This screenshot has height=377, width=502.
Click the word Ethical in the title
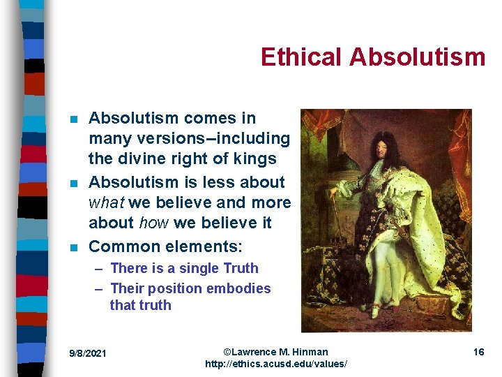click(301, 57)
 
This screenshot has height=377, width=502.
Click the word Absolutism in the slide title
click(417, 57)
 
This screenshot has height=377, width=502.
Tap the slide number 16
click(478, 352)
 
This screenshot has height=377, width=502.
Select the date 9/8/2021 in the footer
click(88, 353)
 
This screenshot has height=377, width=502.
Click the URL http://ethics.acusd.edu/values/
click(276, 364)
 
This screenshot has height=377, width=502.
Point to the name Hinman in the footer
click(310, 352)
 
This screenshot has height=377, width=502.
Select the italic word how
click(153, 223)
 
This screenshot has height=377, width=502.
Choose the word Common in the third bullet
click(121, 246)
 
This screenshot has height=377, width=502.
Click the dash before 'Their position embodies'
click(99, 288)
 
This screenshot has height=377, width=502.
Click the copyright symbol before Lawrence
click(227, 352)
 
